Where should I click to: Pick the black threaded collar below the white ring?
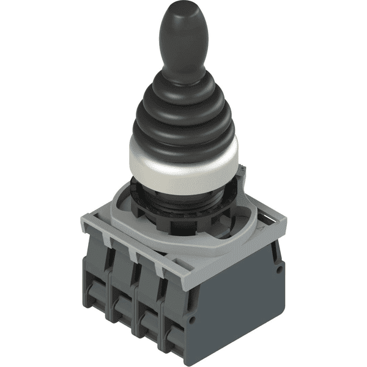point(183,202)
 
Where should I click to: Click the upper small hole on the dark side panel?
point(279,268)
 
